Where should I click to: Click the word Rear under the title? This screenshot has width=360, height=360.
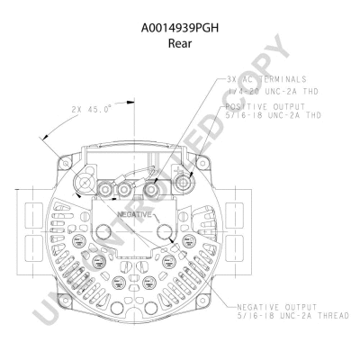coord(180,42)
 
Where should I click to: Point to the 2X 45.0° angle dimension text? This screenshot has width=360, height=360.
coord(90,110)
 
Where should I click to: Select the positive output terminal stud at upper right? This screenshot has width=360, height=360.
coord(185,183)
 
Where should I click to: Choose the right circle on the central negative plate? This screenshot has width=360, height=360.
coord(165,234)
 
